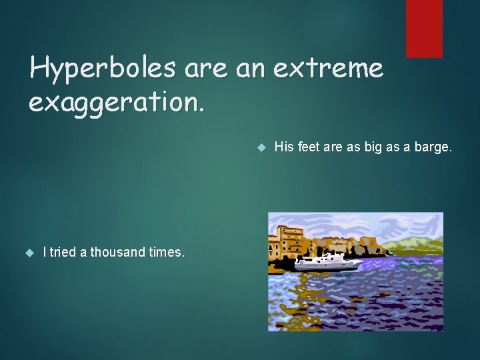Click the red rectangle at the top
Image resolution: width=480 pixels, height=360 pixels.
[x=424, y=28]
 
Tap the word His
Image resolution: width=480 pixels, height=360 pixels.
[x=284, y=147]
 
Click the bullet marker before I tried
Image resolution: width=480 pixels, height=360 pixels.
[x=29, y=252]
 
